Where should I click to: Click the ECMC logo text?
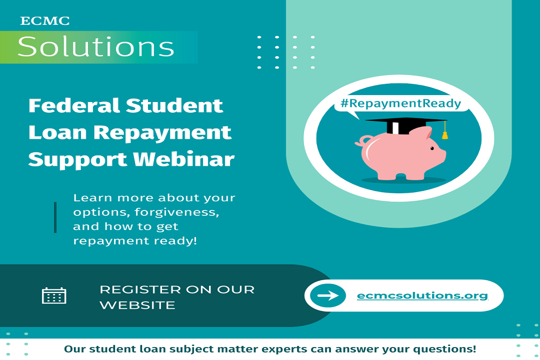coord(45,21)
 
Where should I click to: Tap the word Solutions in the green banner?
coord(96,47)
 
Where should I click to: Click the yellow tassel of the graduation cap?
coord(445,132)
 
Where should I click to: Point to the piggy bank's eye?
coord(431,147)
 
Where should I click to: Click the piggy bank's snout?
coord(442,155)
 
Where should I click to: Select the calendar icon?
coord(54,295)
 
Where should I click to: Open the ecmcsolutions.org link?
coord(422,295)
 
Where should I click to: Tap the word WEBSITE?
coord(137,305)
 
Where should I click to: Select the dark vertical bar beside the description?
coord(55,218)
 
